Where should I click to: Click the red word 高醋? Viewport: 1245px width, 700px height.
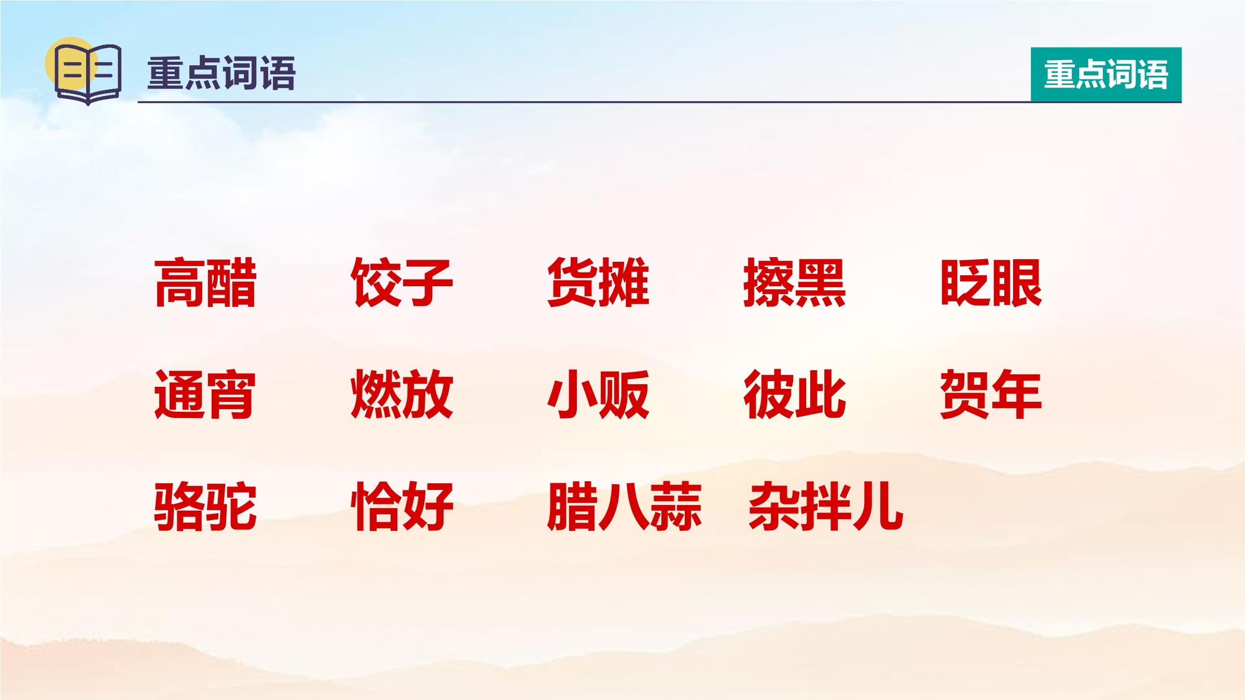click(x=205, y=283)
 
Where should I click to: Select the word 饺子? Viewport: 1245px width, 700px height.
click(x=402, y=283)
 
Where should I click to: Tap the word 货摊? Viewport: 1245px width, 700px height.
click(x=599, y=283)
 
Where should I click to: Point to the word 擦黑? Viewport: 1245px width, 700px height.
click(x=795, y=283)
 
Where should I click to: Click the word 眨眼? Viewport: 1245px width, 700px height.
click(x=991, y=283)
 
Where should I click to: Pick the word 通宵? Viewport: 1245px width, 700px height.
click(x=205, y=394)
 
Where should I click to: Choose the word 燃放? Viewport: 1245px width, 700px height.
click(x=402, y=394)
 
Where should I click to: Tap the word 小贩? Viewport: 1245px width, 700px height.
click(x=599, y=394)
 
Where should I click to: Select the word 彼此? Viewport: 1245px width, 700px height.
click(x=795, y=394)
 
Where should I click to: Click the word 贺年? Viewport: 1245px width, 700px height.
click(x=991, y=394)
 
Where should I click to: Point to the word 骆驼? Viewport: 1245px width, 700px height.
click(x=205, y=506)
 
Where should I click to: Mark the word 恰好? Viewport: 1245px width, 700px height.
click(x=402, y=506)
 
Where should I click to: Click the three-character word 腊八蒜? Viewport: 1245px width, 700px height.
click(x=625, y=506)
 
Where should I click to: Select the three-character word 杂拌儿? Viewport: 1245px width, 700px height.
click(x=826, y=506)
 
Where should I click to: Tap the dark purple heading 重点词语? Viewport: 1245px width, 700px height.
click(x=222, y=73)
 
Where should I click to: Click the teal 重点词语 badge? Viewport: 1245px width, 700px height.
click(x=1106, y=74)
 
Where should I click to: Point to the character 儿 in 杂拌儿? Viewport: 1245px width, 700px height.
click(x=878, y=506)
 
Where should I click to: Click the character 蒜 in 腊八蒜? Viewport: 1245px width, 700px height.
click(x=676, y=506)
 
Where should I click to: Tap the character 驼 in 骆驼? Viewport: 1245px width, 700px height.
click(x=231, y=506)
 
